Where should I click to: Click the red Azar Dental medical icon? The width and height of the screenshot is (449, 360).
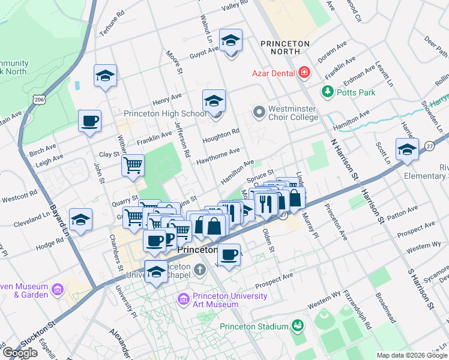click(x=304, y=73)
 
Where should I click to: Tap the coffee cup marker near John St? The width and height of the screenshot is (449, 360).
click(x=89, y=121)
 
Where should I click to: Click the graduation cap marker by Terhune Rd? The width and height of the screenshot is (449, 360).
click(x=105, y=76)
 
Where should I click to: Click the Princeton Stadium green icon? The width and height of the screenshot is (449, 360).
click(x=297, y=326)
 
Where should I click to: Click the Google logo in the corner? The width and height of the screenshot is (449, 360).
click(x=20, y=352)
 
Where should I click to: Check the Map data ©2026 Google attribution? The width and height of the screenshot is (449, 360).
click(x=411, y=355)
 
